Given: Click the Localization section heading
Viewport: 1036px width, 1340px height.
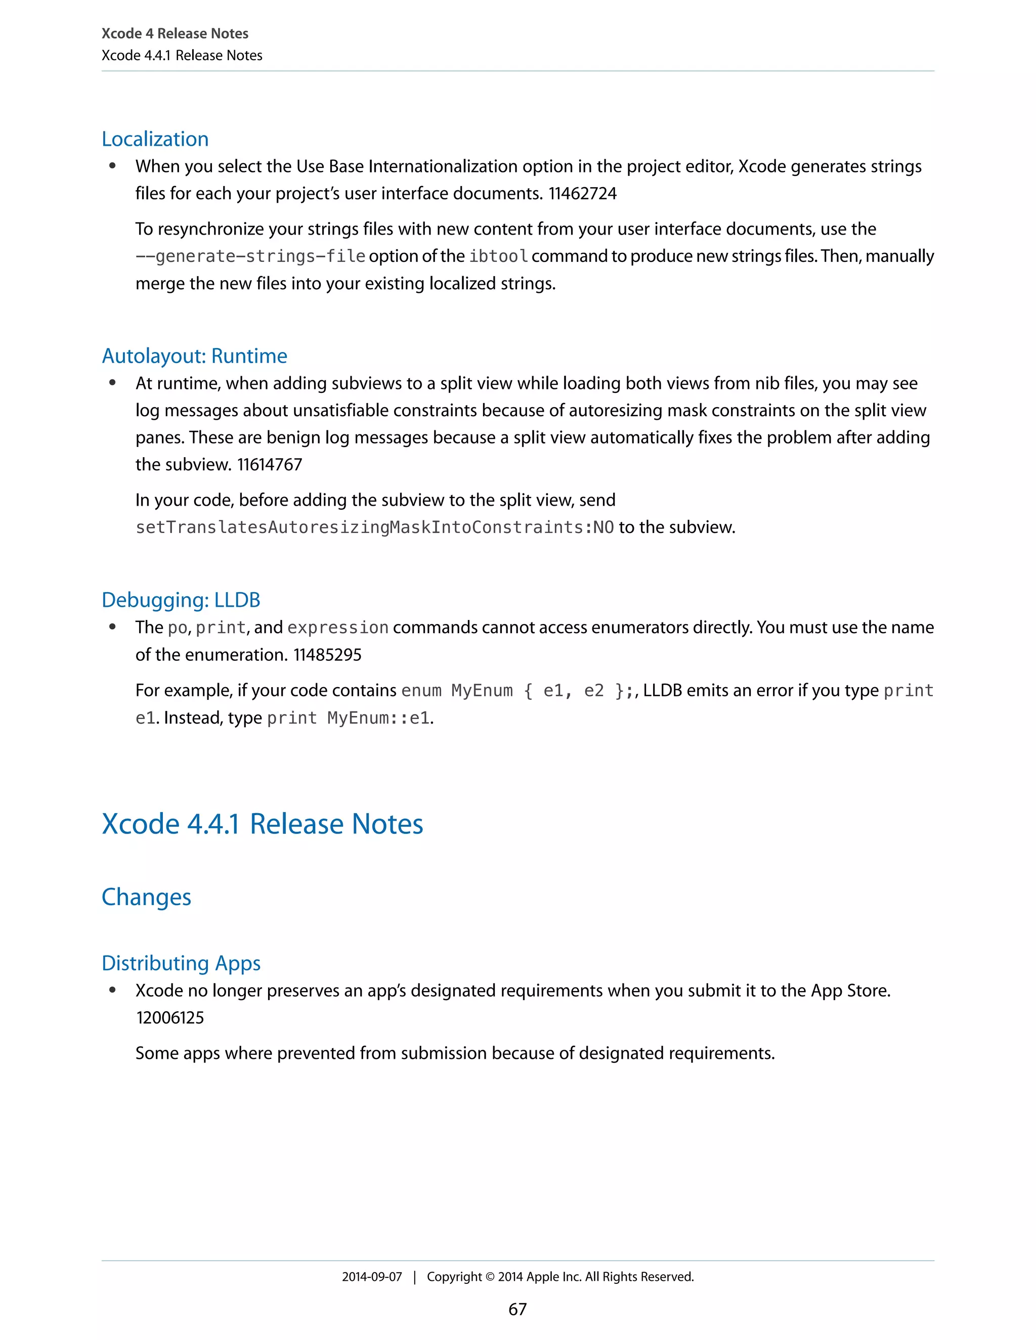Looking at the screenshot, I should (155, 139).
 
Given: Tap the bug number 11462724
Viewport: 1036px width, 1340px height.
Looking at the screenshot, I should (582, 194).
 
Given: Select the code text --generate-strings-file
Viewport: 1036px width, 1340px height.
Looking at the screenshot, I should (250, 256).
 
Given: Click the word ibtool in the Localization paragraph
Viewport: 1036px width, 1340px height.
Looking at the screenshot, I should (498, 256).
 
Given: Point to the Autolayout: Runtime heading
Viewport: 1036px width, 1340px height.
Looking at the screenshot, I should (195, 356).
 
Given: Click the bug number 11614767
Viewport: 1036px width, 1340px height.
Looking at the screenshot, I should (270, 465).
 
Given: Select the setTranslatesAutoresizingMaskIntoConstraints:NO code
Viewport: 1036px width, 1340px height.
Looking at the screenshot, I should (374, 527).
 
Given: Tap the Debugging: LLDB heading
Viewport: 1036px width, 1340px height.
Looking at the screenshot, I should (181, 600).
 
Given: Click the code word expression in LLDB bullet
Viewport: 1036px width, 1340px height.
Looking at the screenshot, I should (337, 628).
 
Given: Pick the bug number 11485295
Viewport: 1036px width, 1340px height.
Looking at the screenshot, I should (327, 655).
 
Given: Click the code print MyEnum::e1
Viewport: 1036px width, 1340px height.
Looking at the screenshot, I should (348, 719).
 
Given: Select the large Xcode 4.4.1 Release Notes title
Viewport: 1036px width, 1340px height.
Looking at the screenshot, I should (262, 824).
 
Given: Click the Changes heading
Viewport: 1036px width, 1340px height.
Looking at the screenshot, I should (146, 898).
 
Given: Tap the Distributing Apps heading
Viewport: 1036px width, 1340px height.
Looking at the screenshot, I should (181, 963).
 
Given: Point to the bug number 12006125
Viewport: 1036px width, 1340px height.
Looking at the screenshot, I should (170, 1018).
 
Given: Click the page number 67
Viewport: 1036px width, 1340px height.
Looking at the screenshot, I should (517, 1309).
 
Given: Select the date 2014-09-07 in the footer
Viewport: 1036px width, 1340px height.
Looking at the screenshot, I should (372, 1277).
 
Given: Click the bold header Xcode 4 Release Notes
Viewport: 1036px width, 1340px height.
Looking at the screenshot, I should (175, 34).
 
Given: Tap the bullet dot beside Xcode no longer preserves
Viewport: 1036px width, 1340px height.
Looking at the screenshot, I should (112, 990).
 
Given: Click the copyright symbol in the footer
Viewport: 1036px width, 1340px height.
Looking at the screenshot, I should (490, 1277).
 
